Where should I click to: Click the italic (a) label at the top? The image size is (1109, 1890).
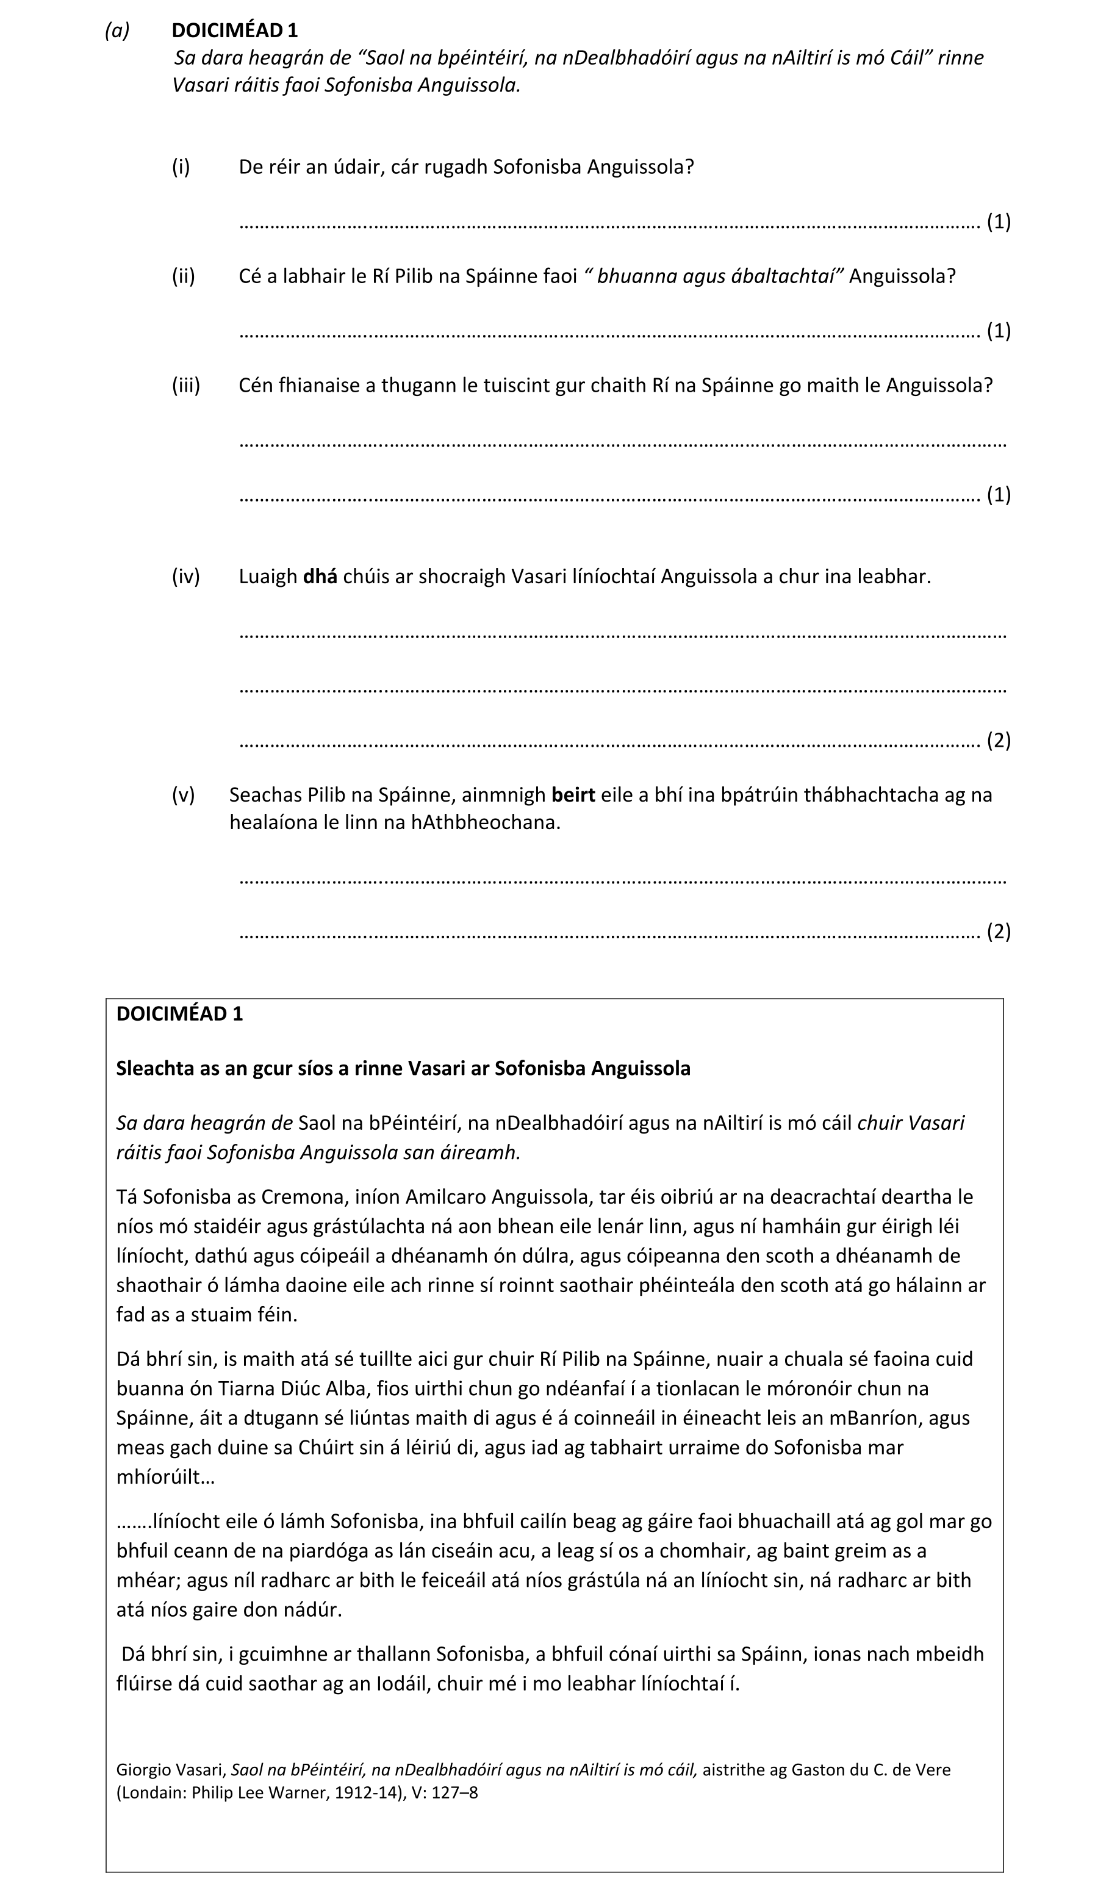117,30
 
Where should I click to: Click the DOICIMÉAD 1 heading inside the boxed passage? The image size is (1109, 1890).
179,1014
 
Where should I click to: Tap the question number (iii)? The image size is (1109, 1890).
186,386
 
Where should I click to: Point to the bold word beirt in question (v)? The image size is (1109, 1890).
573,795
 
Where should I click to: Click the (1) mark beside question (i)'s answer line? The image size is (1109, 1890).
999,222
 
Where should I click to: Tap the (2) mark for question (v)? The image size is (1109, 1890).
999,932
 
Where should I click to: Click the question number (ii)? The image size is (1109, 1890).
184,276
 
